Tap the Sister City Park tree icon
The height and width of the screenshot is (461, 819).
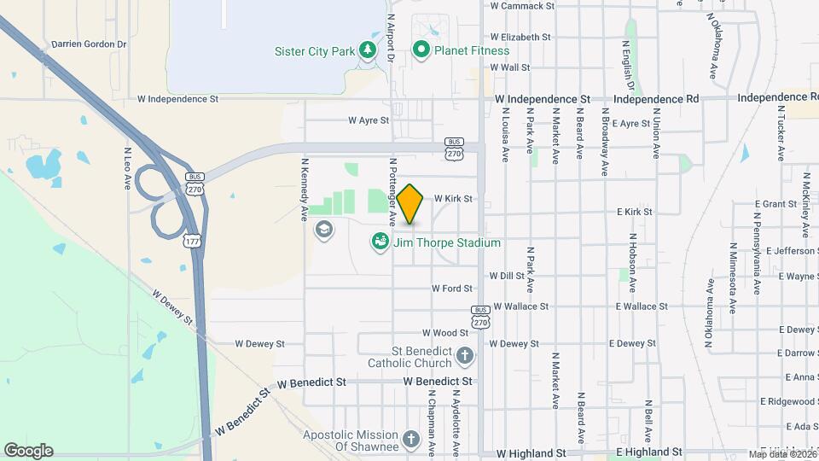pos(368,50)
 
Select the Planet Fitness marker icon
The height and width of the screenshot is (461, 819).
pos(421,50)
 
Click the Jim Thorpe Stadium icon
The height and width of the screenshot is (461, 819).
pos(380,243)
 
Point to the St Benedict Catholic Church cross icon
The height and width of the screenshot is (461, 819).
pos(464,355)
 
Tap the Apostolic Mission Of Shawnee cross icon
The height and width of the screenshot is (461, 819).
pos(411,441)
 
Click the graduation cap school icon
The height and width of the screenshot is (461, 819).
pos(323,229)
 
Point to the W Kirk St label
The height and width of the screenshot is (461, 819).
pos(453,198)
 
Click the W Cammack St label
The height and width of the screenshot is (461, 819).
pos(522,6)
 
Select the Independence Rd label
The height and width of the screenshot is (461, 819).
pos(655,99)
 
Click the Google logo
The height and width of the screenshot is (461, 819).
pos(28,451)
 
